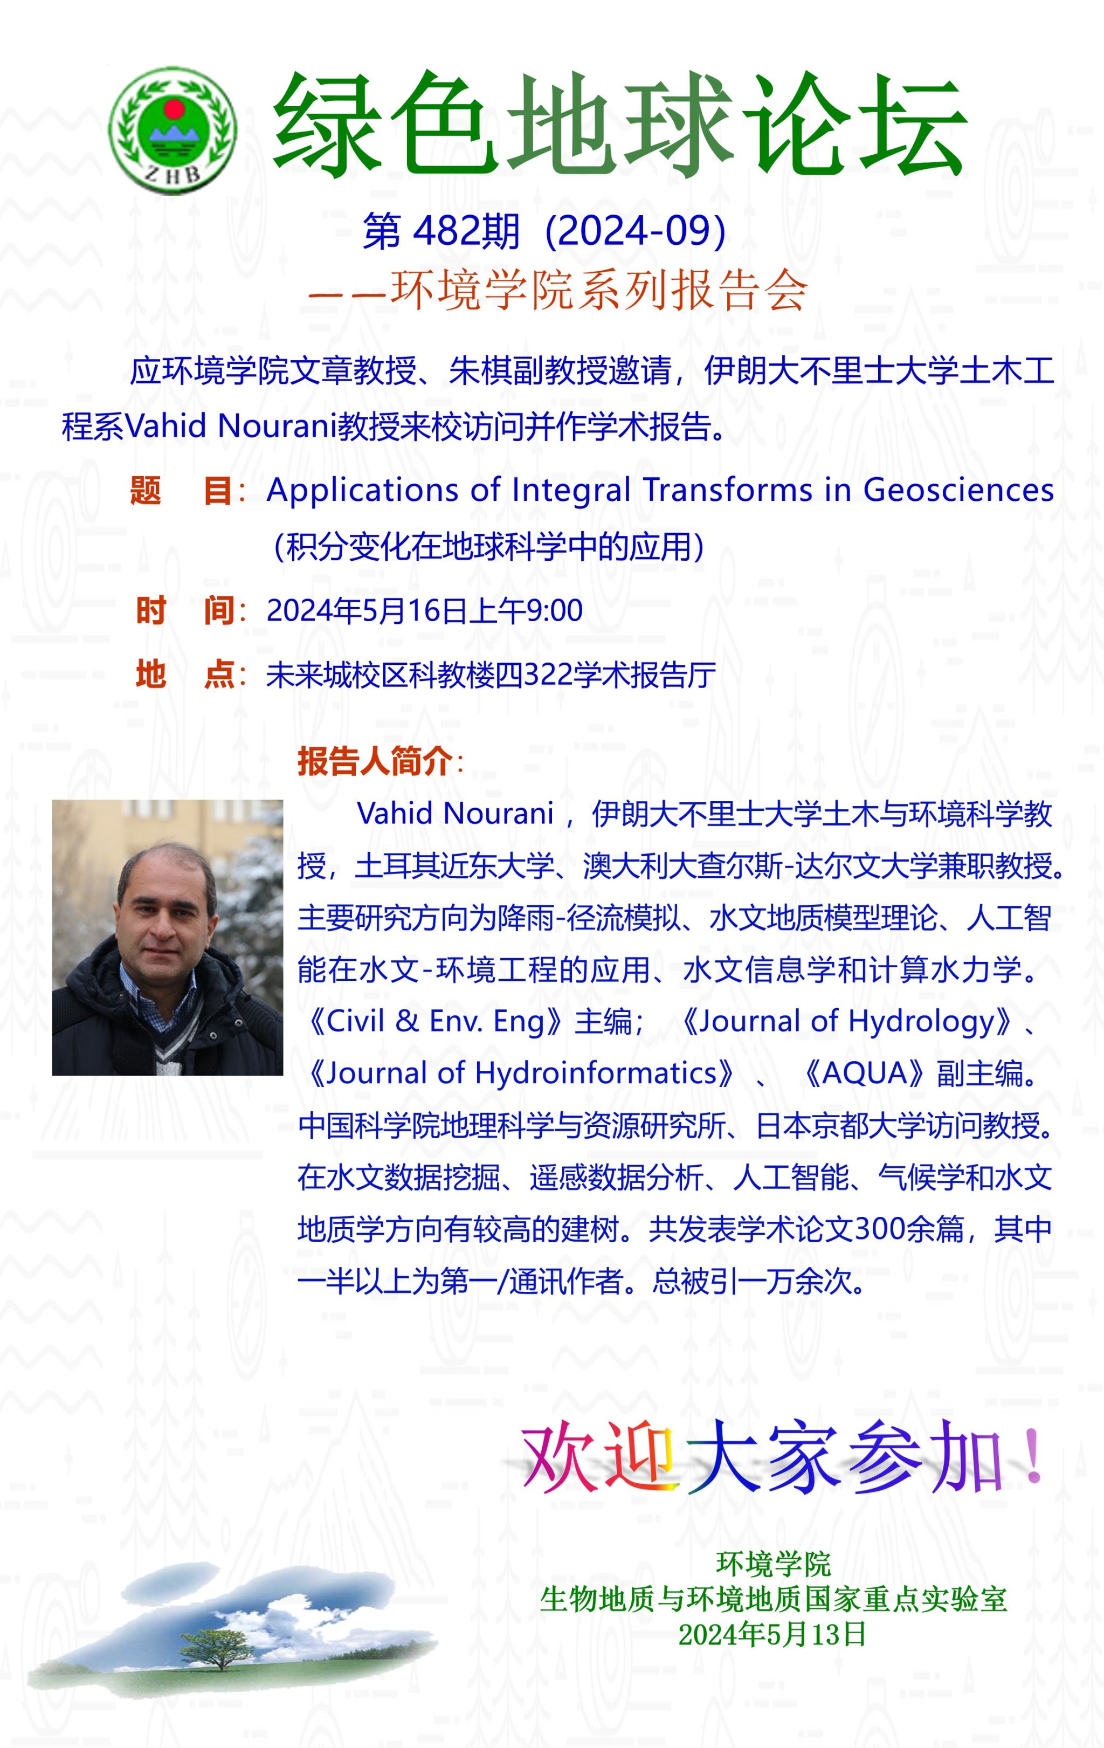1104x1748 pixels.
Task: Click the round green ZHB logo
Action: click(172, 130)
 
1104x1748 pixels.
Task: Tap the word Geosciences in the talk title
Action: click(958, 490)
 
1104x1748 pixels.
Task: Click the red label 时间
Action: click(184, 610)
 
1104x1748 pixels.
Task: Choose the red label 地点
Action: click(184, 675)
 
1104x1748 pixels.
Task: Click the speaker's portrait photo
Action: click(167, 937)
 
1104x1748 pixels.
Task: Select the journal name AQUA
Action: click(865, 1073)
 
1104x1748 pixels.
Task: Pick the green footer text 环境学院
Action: click(773, 1564)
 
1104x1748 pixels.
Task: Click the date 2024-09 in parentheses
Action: click(635, 231)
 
